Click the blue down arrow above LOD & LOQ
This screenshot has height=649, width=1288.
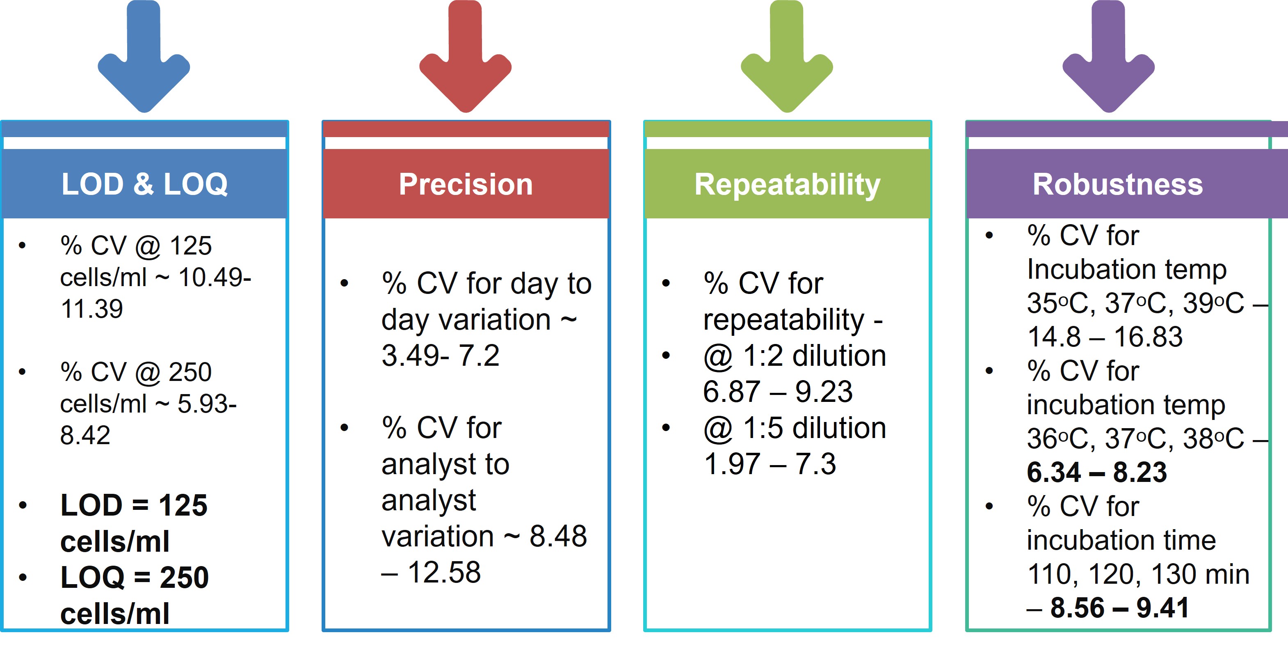coord(144,60)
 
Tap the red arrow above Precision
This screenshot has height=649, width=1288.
coord(465,60)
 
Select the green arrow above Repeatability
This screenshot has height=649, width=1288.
coord(786,60)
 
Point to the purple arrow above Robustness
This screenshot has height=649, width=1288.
coord(1108,60)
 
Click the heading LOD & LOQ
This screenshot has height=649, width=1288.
coord(144,184)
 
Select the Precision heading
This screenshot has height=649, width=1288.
coord(466,184)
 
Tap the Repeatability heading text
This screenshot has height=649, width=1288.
coord(787,184)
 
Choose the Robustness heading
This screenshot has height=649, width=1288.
coord(1117,184)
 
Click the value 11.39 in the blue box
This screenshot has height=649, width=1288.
coord(91,309)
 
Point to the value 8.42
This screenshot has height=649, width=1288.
coord(85,435)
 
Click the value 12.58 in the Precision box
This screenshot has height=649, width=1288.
coord(444,572)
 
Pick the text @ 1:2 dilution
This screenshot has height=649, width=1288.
coord(794,356)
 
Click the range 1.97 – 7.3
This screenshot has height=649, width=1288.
coord(770,464)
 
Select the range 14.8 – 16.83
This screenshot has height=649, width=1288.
coord(1105,336)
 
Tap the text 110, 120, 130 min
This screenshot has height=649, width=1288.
coord(1138,574)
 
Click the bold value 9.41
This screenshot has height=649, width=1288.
coord(1162,608)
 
